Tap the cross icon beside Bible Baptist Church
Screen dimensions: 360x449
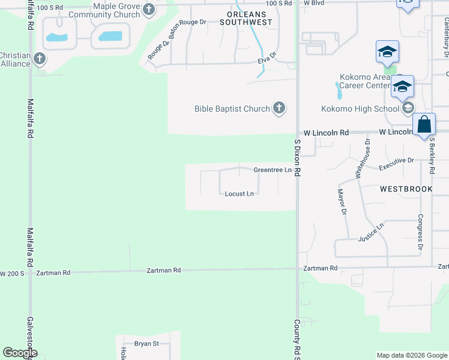coord(279,109)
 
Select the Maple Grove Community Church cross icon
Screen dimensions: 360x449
coord(149,9)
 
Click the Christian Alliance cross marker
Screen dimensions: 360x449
coord(40,59)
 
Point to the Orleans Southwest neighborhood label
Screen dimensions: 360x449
coord(246,17)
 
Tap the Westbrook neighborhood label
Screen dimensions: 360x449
coord(406,189)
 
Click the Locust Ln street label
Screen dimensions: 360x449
coord(240,194)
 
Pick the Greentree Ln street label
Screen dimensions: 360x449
coord(272,170)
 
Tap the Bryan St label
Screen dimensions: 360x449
coord(146,344)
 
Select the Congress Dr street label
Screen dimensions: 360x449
coord(420,232)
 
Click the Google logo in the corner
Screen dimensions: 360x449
coord(20,353)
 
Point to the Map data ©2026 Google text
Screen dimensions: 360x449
coord(412,355)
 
